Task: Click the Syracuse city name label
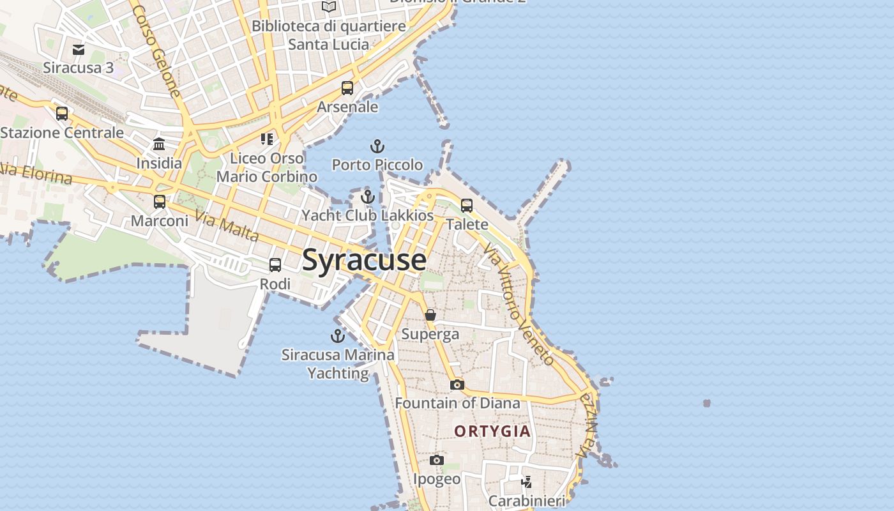point(364,260)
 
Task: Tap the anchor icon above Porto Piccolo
point(377,146)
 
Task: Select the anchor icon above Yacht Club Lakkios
point(367,197)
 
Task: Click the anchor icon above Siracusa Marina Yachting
point(337,335)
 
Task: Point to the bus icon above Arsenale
point(347,88)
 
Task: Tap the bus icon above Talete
point(467,206)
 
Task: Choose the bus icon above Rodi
point(275,265)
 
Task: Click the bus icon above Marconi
point(160,202)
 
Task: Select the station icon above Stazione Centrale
point(62,114)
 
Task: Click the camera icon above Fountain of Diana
point(457,385)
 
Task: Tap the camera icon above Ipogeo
point(437,461)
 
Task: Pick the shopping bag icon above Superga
point(430,315)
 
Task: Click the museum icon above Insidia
point(159,144)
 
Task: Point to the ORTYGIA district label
point(492,431)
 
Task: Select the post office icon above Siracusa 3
point(79,49)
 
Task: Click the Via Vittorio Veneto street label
point(519,303)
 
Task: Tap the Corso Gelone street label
point(157,51)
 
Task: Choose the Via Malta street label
point(227,226)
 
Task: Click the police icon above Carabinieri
point(527,482)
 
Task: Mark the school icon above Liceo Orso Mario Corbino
point(267,139)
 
